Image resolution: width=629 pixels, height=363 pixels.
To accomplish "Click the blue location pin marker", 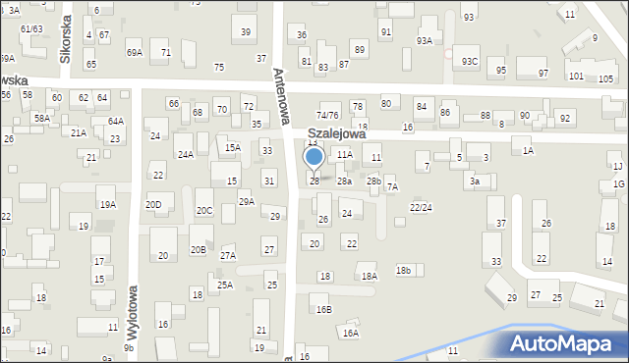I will click(314, 157).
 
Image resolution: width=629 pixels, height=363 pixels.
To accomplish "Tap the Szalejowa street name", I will click(336, 133).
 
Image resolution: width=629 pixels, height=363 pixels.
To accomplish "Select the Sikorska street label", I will click(65, 38).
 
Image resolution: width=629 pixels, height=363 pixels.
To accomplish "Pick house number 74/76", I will click(327, 115).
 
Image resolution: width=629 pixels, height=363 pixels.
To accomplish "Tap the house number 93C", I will click(471, 62).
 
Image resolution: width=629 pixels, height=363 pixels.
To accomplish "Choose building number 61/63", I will click(31, 28).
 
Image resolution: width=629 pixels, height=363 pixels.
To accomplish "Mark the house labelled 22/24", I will click(421, 207).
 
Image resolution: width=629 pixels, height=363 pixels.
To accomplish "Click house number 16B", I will click(323, 309).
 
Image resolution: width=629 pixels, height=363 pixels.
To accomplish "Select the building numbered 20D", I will click(153, 204).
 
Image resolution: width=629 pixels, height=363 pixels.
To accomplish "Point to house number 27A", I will click(227, 255).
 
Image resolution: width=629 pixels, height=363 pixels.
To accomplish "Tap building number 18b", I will click(403, 270).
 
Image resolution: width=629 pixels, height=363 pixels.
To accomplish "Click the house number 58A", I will click(41, 118).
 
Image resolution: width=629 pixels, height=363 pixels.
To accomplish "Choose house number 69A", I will click(134, 52).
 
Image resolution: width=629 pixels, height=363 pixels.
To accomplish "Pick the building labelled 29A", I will click(246, 201).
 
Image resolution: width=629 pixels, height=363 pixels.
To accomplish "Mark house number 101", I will click(576, 76).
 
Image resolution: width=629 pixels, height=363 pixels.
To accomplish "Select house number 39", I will click(246, 32).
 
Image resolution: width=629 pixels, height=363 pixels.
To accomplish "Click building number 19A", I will click(107, 204).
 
